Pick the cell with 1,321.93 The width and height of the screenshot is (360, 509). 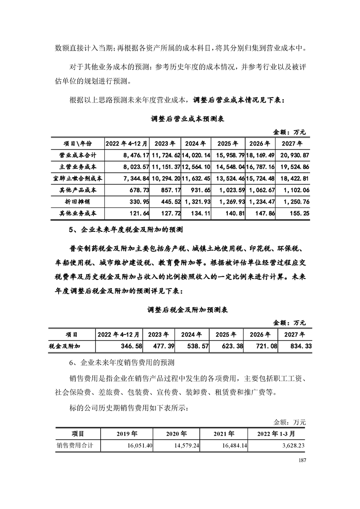197,201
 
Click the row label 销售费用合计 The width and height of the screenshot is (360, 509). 75,445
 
